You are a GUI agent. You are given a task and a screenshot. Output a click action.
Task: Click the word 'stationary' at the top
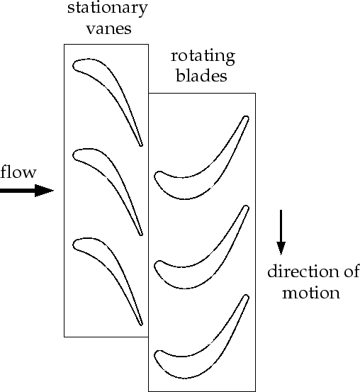pyautogui.click(x=108, y=9)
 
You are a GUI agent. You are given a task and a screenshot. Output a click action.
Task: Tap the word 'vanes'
pyautogui.click(x=108, y=29)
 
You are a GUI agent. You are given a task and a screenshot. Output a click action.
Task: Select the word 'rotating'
pyautogui.click(x=203, y=57)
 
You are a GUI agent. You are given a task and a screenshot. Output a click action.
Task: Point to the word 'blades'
pyautogui.click(x=201, y=75)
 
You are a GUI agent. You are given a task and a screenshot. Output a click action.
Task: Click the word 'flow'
pyautogui.click(x=18, y=172)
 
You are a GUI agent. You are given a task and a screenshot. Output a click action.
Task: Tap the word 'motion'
pyautogui.click(x=311, y=293)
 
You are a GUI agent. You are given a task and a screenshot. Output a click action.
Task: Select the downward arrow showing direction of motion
pyautogui.click(x=281, y=232)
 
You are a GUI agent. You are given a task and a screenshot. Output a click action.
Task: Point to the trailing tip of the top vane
pyautogui.click(x=141, y=145)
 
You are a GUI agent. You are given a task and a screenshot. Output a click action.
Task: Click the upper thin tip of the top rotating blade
pyautogui.click(x=246, y=118)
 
